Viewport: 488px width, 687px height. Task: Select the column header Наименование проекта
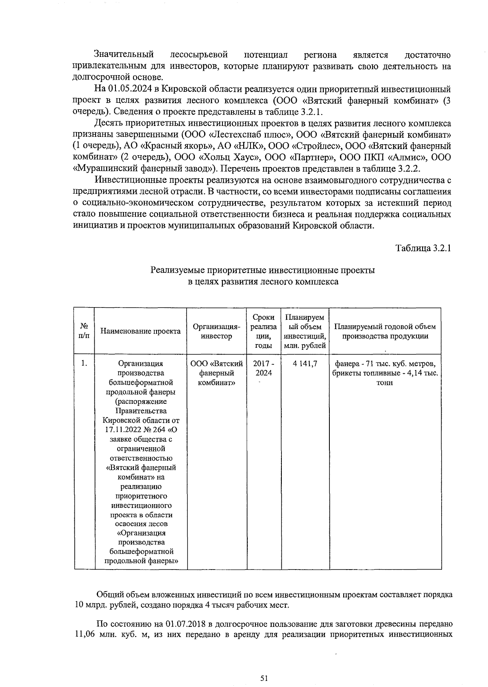pyautogui.click(x=140, y=331)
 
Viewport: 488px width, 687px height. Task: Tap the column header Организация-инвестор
pyautogui.click(x=216, y=331)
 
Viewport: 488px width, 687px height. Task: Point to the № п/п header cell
pyautogui.click(x=84, y=331)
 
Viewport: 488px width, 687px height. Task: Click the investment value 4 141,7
pyautogui.click(x=305, y=364)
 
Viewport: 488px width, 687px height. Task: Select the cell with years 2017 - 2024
pyautogui.click(x=264, y=368)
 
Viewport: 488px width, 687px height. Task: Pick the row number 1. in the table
pyautogui.click(x=84, y=363)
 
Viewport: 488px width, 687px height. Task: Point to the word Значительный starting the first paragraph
pyautogui.click(x=124, y=54)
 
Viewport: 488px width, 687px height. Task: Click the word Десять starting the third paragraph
pyautogui.click(x=108, y=123)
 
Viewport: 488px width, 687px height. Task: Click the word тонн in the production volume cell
pyautogui.click(x=385, y=383)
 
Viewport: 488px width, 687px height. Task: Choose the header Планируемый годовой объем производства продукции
pyautogui.click(x=385, y=331)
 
